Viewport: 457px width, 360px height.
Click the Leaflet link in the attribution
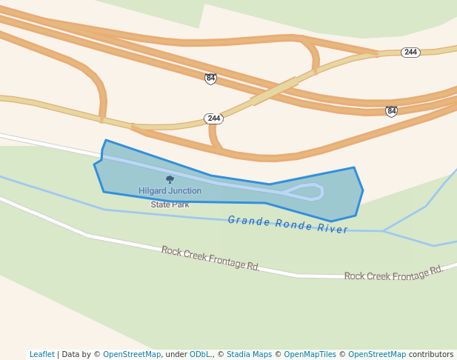41,354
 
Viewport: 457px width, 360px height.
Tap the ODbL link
200,354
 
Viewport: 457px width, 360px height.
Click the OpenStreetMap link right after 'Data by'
132,354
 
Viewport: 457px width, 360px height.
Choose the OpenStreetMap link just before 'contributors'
377,354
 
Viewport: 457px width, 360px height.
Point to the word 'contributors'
431,354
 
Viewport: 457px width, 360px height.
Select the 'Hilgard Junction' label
170,191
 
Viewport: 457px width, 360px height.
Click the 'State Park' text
170,204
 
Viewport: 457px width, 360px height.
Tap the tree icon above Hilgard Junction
170,179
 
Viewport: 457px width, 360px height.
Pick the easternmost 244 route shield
410,53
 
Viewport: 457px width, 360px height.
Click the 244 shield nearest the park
213,119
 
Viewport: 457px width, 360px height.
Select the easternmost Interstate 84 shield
391,111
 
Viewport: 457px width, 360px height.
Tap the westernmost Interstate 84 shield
210,79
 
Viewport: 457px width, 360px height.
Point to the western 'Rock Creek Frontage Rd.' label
210,259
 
